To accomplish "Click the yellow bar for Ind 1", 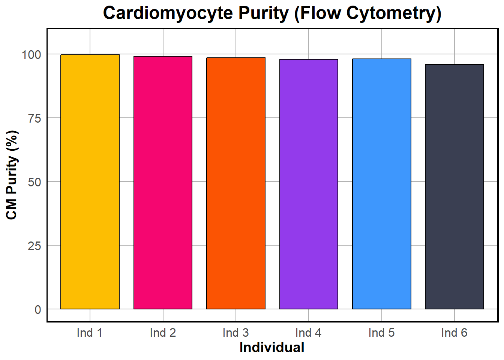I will [x=90, y=182].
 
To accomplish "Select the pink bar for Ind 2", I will [x=163, y=183].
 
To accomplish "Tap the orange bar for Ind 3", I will [x=236, y=183].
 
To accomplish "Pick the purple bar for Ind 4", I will [x=309, y=184].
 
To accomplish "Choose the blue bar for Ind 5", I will [x=382, y=184].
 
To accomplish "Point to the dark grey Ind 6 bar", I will [x=454, y=187].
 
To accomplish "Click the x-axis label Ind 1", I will [x=90, y=333].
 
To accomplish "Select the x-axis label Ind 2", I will [x=163, y=333].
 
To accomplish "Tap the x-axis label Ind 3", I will [x=235, y=333].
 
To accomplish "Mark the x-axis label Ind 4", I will [x=308, y=333].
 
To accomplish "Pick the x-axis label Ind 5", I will [x=381, y=333].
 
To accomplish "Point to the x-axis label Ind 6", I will [x=454, y=333].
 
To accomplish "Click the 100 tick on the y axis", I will [x=31, y=54].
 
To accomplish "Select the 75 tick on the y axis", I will [x=34, y=118].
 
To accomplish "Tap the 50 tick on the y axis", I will [x=34, y=182].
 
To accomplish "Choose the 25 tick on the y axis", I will [x=34, y=246].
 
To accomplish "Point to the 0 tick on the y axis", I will [x=38, y=309].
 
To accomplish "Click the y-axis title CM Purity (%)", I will [x=12, y=175].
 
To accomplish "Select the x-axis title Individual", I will [x=272, y=348].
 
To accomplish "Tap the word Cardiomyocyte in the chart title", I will [x=168, y=13].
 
